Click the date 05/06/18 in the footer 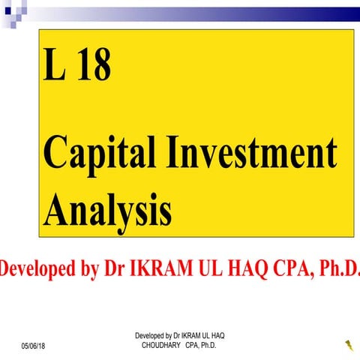pyautogui.click(x=33, y=345)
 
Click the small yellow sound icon pyautogui.click(x=349, y=345)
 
